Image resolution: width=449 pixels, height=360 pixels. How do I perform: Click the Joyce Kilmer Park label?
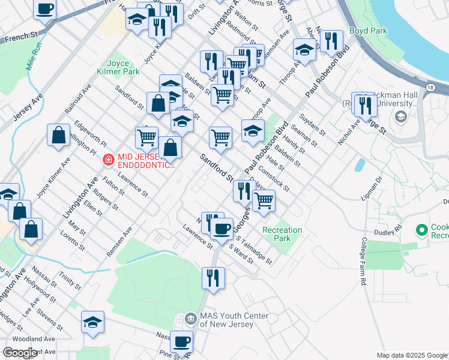[x=122, y=67]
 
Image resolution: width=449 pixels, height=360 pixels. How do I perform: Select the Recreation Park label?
[x=282, y=234]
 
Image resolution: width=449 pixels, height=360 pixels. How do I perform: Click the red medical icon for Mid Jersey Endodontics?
[x=108, y=160]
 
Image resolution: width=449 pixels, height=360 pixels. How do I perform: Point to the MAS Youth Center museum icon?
[x=191, y=318]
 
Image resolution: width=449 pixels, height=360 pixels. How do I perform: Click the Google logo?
[x=20, y=353]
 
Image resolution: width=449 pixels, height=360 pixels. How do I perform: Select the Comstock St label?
[x=274, y=179]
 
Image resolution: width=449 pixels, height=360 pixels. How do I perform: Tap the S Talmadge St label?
[x=254, y=251]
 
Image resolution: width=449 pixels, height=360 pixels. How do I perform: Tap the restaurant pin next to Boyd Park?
[x=331, y=41]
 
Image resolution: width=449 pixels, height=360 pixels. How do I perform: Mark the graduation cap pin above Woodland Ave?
[x=92, y=322]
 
